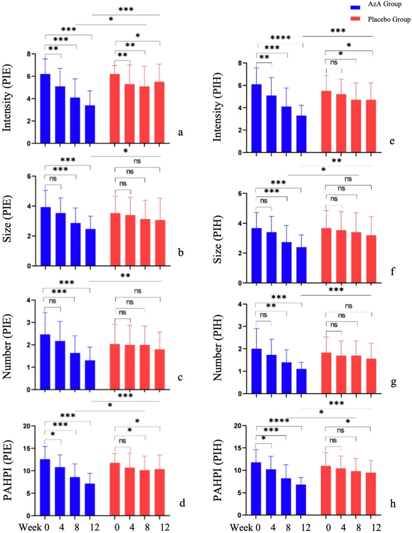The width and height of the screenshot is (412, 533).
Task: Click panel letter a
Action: tap(181, 133)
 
